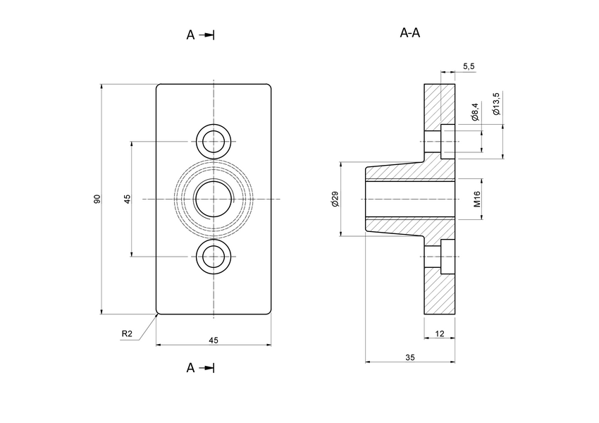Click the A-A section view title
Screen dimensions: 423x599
(x=410, y=32)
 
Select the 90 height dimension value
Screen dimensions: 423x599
(x=97, y=200)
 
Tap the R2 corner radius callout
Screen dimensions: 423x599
(x=128, y=333)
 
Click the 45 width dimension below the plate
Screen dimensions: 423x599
(x=214, y=340)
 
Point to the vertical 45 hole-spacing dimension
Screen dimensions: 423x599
(x=128, y=200)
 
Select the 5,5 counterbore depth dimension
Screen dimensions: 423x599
(x=469, y=66)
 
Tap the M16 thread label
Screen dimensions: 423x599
(x=476, y=200)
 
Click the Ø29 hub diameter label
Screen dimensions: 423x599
(x=335, y=200)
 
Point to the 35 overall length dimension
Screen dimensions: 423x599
(x=410, y=357)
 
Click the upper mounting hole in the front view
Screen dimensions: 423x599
(x=214, y=141)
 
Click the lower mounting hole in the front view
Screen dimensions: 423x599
(x=214, y=257)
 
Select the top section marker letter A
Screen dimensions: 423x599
(x=190, y=35)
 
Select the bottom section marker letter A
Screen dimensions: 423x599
(x=190, y=367)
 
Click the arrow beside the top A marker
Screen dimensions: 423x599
(x=206, y=35)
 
